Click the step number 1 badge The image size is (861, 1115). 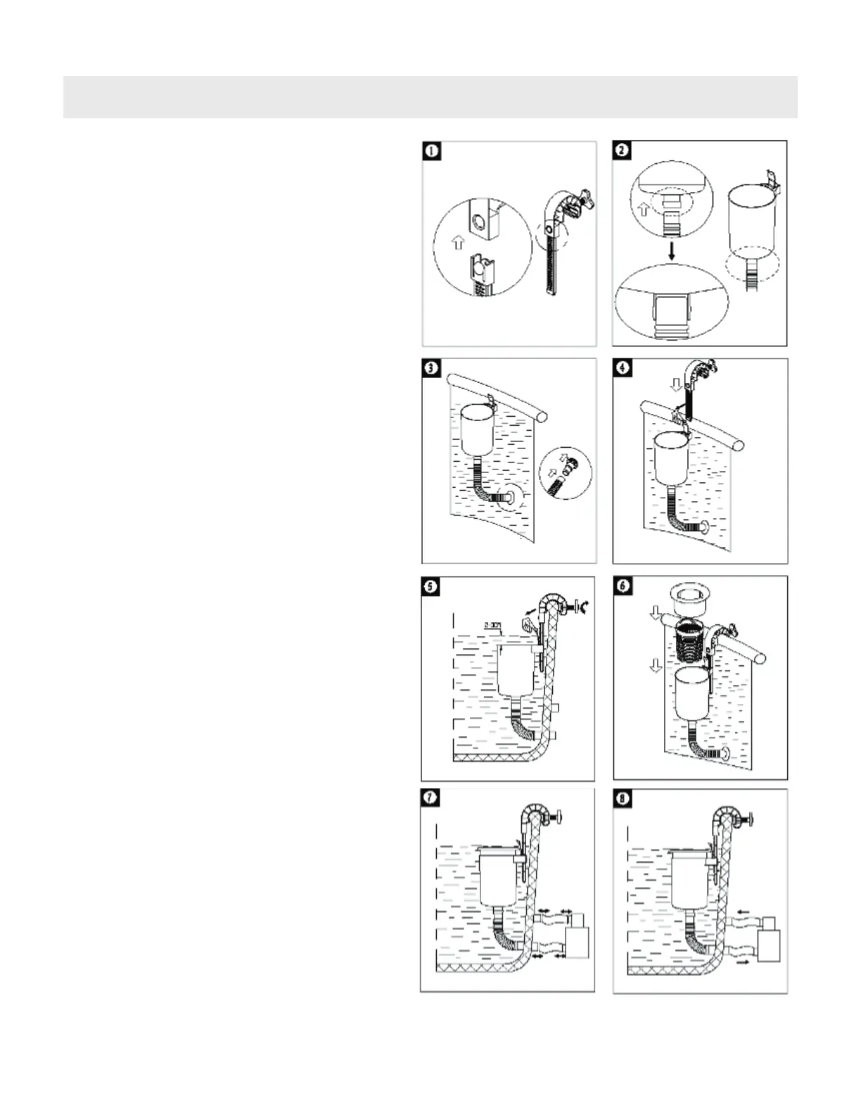pyautogui.click(x=432, y=151)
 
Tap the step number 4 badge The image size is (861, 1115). pyautogui.click(x=623, y=368)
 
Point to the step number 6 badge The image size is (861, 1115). pyautogui.click(x=623, y=586)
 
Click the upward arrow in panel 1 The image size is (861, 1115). pyautogui.click(x=457, y=243)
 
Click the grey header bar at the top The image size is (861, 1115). pyautogui.click(x=430, y=97)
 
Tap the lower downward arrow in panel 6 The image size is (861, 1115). pyautogui.click(x=655, y=664)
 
